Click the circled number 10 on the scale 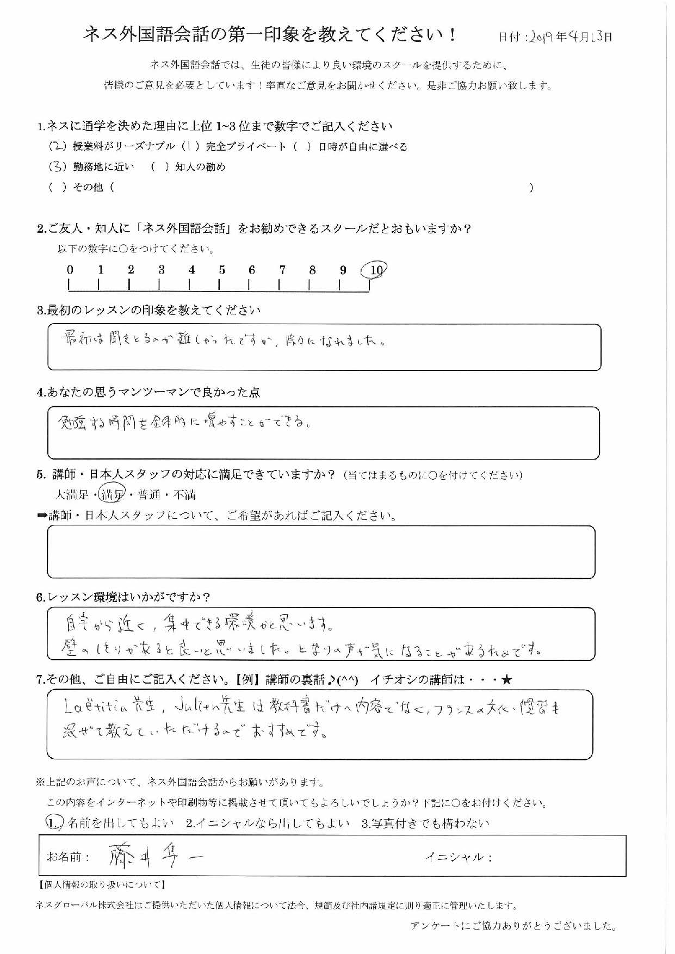[375, 269]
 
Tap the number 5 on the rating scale [222, 270]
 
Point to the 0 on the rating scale [70, 270]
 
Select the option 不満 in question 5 [184, 495]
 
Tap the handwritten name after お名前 [155, 857]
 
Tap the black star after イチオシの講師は [507, 679]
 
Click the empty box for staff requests [321, 552]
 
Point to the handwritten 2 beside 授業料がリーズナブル [57, 146]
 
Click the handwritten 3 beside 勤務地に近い [57, 167]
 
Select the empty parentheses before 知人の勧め [159, 168]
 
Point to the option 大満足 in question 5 [71, 495]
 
